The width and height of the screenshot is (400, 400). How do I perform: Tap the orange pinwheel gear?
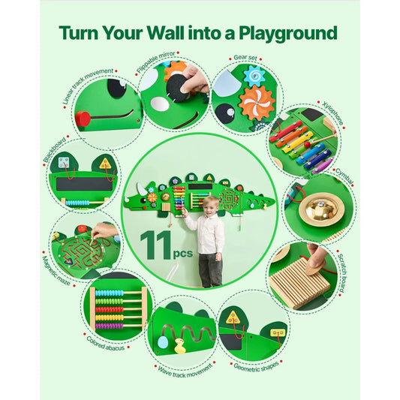click(x=257, y=103)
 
